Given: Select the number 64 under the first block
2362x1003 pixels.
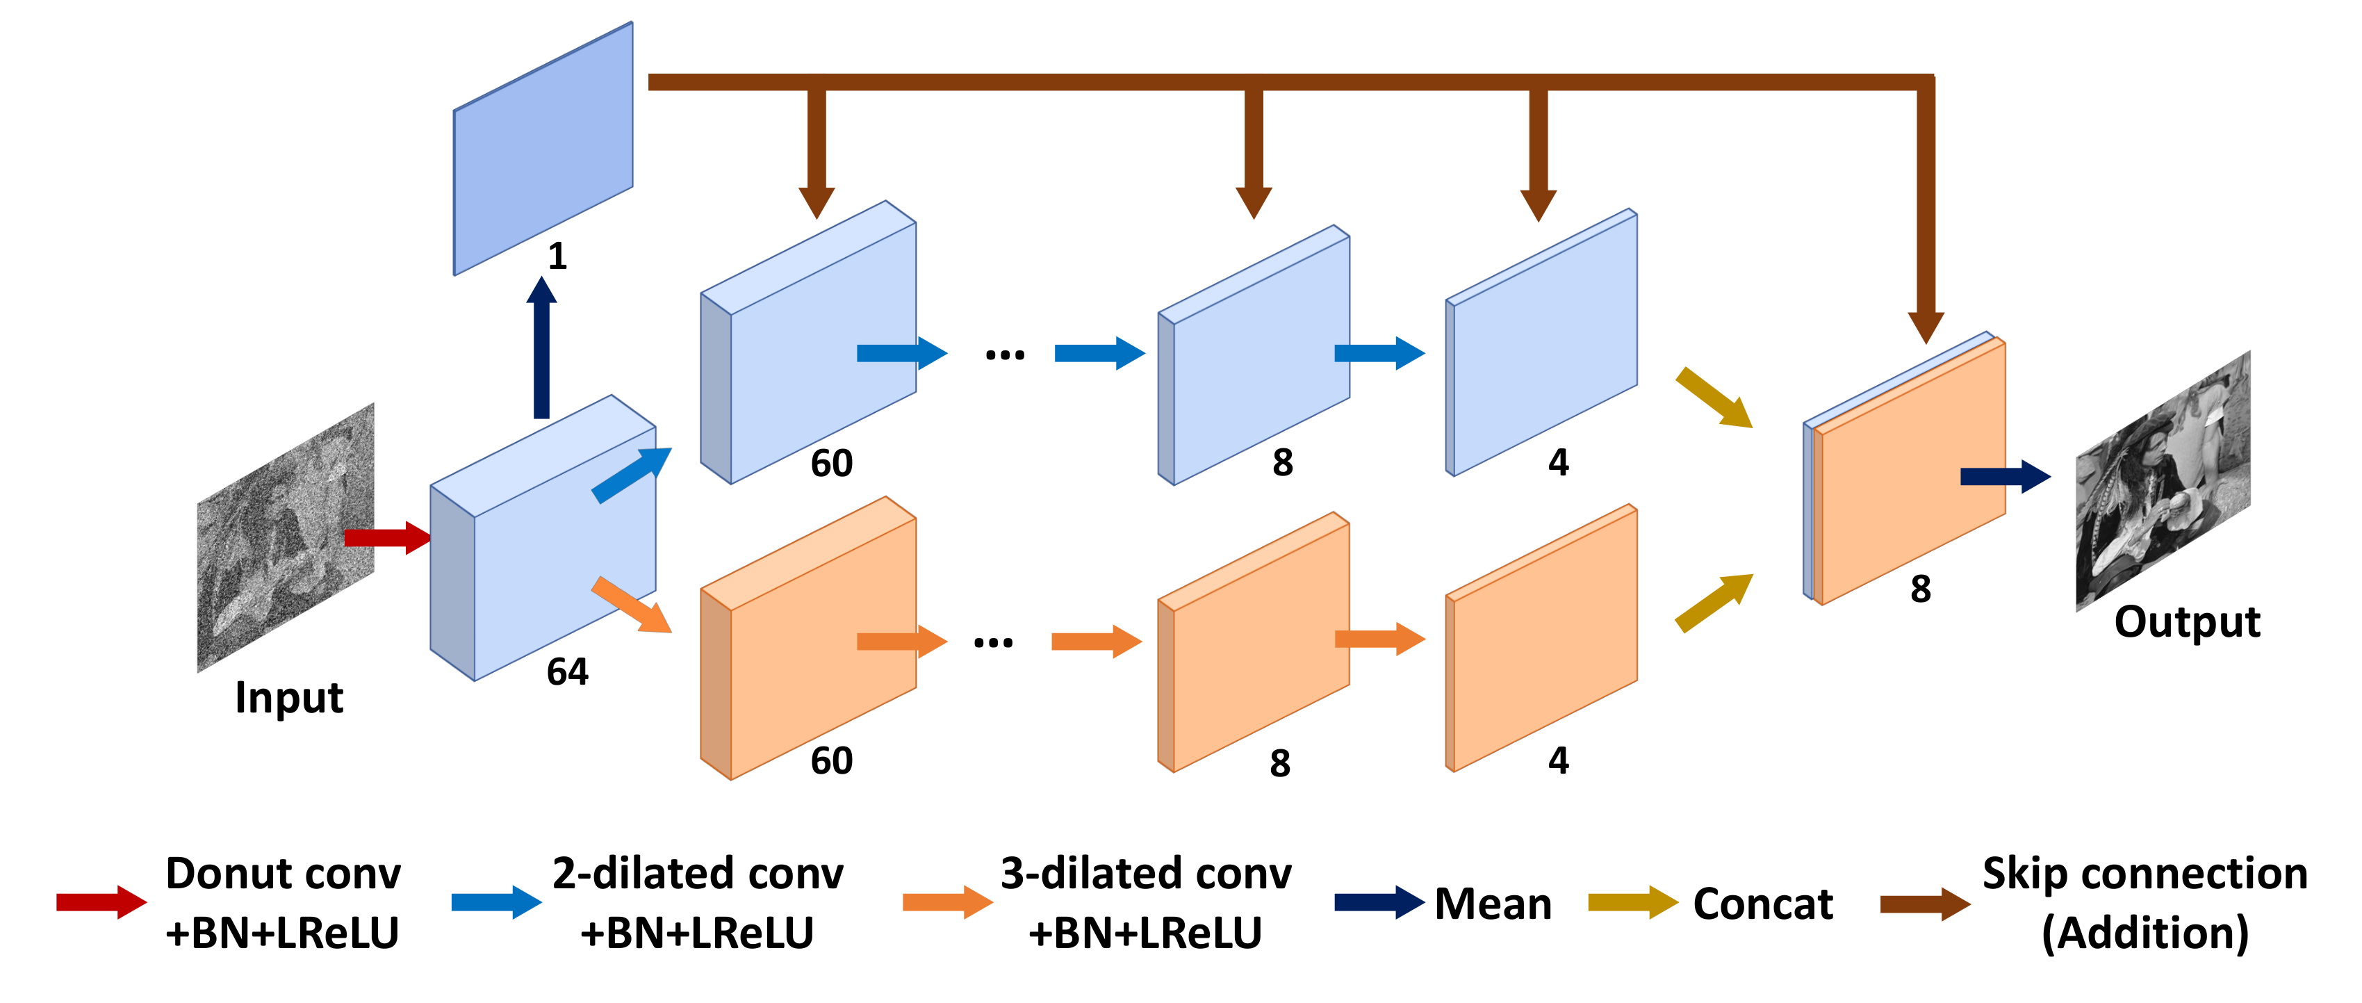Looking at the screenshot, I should coord(568,672).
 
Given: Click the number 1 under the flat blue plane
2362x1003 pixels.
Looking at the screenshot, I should coord(557,256).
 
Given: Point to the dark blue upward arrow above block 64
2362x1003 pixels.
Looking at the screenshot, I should coord(542,348).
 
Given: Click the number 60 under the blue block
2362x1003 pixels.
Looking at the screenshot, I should coord(832,463).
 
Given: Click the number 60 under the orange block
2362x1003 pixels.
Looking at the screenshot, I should coord(832,761).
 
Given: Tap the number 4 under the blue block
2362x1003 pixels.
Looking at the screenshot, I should coord(1559,462).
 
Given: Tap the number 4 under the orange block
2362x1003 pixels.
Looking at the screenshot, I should coord(1559,761).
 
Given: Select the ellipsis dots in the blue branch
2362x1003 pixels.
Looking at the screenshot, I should coord(1005,354).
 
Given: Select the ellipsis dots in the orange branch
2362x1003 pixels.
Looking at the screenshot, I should coord(993,642).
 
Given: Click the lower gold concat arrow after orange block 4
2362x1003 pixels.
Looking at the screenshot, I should coord(1714,603).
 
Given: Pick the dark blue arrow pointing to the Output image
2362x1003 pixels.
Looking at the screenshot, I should coord(2004,477).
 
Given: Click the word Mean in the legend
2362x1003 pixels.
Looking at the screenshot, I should coord(1493,904).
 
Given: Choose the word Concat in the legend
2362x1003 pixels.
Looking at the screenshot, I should coord(1762,904).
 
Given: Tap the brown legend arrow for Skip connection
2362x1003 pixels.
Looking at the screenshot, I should coord(1924,905).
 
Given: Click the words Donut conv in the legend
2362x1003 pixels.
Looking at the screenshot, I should coord(284,874).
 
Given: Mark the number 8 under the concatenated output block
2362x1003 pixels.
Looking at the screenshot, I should coord(1920,589).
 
